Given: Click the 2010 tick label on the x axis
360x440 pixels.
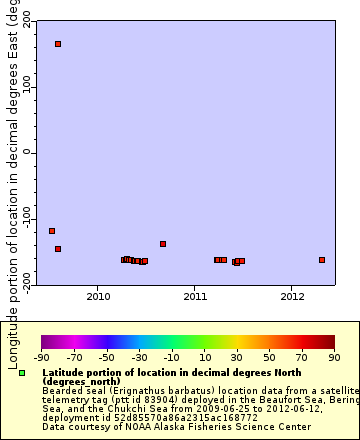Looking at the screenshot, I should pyautogui.click(x=98, y=297).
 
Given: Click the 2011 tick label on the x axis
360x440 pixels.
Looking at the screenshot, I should pyautogui.click(x=195, y=297).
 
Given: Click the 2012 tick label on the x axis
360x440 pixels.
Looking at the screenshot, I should pyautogui.click(x=292, y=297).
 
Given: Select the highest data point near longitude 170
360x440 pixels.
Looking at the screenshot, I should pyautogui.click(x=58, y=44).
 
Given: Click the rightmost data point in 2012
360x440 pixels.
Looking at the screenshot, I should pyautogui.click(x=322, y=260).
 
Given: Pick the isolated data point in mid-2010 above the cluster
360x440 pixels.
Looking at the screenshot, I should pyautogui.click(x=163, y=244).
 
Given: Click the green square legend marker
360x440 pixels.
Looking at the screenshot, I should pyautogui.click(x=22, y=373).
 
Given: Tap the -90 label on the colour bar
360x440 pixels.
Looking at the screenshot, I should pyautogui.click(x=42, y=357).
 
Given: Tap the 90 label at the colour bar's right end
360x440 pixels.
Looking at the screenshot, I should pyautogui.click(x=333, y=357).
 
